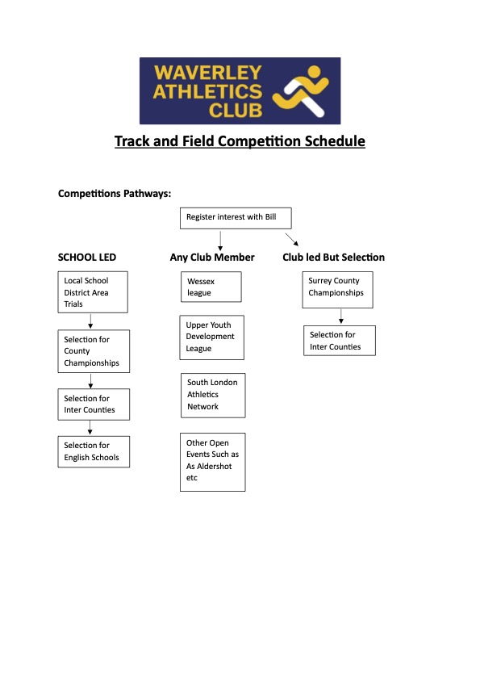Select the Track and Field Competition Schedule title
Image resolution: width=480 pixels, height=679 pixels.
240,141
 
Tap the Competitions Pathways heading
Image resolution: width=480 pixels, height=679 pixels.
115,194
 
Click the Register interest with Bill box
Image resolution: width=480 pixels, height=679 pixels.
235,218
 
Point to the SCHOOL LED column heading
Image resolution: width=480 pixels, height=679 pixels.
87,258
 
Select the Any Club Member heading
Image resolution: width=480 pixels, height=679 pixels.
212,258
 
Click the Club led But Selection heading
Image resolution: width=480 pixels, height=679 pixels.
333,258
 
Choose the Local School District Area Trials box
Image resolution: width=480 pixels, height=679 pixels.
93,292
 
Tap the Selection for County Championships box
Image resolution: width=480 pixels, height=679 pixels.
93,351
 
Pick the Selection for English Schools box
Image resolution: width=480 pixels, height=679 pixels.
93,451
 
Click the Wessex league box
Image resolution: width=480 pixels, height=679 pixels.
211,287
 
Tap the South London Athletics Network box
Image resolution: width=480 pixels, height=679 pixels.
213,395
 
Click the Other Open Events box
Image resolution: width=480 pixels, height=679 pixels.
213,461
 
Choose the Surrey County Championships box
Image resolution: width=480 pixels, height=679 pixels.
339,287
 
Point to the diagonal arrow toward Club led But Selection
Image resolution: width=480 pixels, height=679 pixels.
292,240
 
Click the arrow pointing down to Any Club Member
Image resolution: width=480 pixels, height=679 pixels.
220,240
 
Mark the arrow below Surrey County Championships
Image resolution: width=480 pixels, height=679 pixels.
340,316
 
